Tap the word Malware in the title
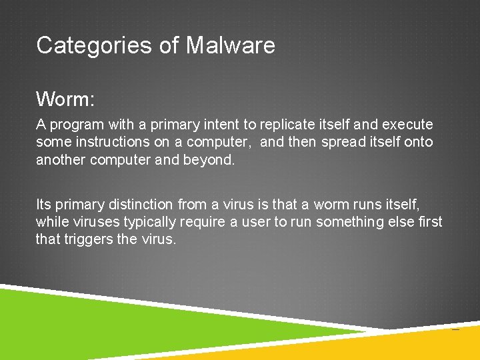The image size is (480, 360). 230,45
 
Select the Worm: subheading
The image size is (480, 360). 66,99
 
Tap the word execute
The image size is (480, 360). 407,125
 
